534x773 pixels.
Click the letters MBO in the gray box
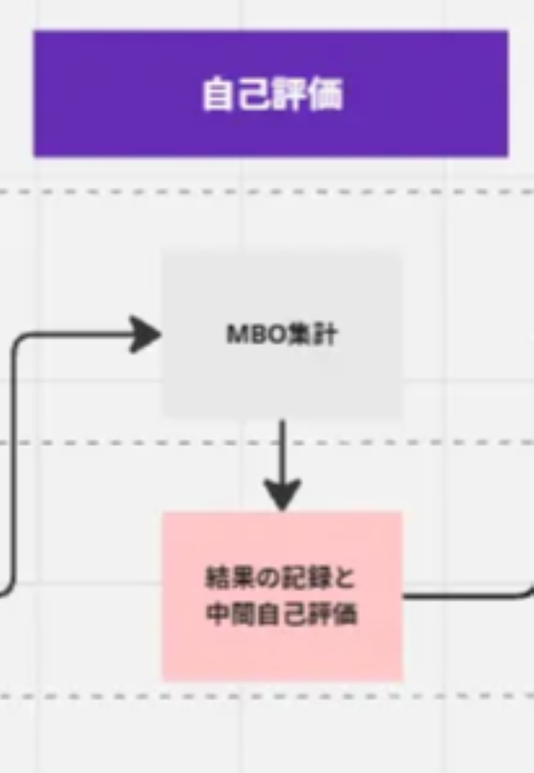pos(246,334)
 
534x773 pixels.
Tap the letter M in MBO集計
pos(233,334)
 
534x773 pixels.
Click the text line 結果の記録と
pos(281,577)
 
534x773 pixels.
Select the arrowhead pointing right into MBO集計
pos(145,334)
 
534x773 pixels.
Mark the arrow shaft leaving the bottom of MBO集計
pos(282,448)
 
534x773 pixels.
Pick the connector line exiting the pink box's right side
pos(464,596)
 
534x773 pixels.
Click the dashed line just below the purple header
pos(270,192)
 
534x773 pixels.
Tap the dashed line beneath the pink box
pos(270,696)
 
